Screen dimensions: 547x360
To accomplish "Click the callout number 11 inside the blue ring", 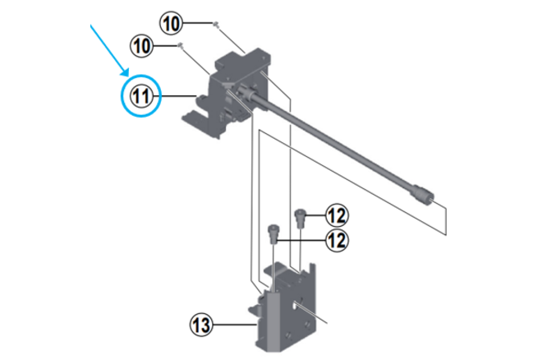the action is (x=141, y=96).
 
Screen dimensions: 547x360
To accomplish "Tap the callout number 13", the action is (x=201, y=325).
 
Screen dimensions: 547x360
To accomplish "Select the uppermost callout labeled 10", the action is (x=172, y=24).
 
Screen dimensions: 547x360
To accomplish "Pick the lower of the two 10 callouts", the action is (x=141, y=46).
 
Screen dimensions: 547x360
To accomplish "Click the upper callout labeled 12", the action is (x=337, y=215).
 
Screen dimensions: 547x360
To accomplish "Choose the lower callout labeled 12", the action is (x=337, y=241).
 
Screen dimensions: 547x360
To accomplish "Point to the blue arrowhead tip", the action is (x=127, y=76).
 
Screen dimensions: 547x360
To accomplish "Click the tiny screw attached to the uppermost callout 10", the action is (x=216, y=24).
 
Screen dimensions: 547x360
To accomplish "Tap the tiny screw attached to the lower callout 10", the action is (x=181, y=45).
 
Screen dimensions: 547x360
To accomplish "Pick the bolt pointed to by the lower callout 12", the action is (x=273, y=234).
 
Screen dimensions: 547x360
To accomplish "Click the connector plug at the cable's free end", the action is (x=423, y=194).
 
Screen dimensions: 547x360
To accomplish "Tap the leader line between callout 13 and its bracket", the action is (x=235, y=325).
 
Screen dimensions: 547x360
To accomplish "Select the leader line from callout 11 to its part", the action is (x=175, y=95).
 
